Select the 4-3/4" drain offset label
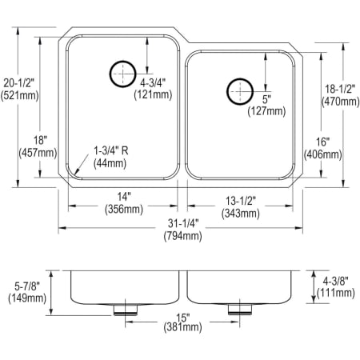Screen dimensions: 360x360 pyautogui.click(x=154, y=81)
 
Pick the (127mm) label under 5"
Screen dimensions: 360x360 pyautogui.click(x=268, y=111)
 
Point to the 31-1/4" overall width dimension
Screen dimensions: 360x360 pyautogui.click(x=180, y=224)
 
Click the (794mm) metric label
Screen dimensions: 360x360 pyautogui.click(x=180, y=236)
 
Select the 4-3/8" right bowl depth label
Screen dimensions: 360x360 pyautogui.click(x=340, y=281)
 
